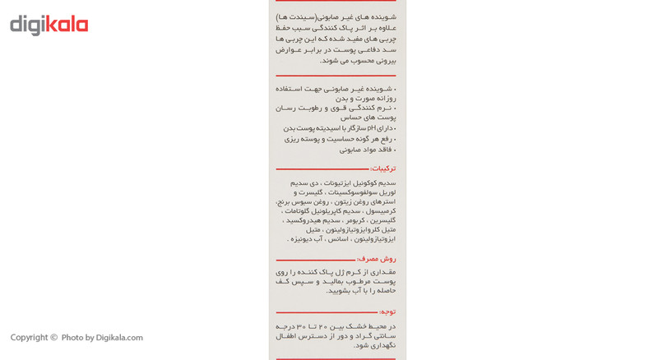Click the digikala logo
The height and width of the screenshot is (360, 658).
(49, 25)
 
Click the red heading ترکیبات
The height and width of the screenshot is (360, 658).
(382, 168)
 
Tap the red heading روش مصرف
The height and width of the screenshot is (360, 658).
(376, 259)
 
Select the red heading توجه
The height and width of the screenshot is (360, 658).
(387, 312)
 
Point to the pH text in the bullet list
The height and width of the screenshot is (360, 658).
(371, 128)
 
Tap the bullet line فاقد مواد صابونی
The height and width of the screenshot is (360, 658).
(367, 150)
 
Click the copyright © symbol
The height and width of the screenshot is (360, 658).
(53, 338)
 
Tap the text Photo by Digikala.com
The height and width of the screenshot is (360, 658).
(102, 338)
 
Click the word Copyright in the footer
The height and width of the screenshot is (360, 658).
(29, 338)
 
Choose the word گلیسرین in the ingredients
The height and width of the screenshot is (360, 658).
(382, 220)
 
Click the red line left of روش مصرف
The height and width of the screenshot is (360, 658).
(315, 260)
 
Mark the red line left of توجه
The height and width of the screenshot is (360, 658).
(327, 312)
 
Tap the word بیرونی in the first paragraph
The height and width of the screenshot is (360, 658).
(383, 60)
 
